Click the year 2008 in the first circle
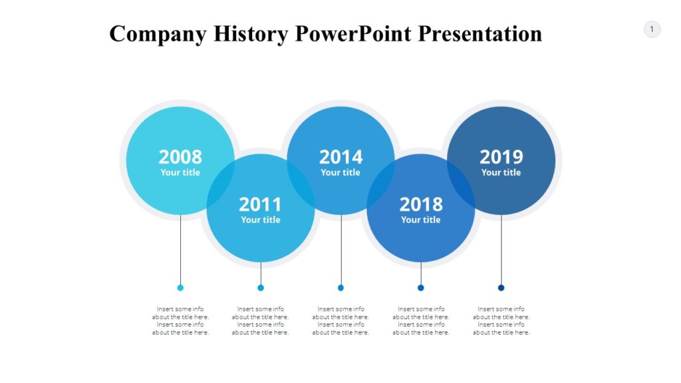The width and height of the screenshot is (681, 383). tap(180, 157)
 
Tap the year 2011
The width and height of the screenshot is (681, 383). tap(260, 204)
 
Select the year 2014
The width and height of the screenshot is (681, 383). tap(340, 157)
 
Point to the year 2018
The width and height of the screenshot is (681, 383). tap(420, 204)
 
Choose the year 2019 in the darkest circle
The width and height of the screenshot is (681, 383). tap(501, 157)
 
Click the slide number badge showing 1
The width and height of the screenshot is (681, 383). tap(652, 29)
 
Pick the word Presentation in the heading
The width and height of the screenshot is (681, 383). tap(480, 33)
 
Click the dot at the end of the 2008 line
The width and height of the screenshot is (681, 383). tap(180, 288)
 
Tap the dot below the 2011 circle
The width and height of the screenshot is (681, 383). tap(261, 288)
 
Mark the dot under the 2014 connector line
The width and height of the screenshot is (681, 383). tap(340, 288)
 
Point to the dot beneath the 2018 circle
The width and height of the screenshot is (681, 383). tap(421, 288)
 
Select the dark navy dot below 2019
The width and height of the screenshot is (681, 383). tap(501, 288)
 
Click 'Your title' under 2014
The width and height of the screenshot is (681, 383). tap(340, 173)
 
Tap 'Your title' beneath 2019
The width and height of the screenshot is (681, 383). tap(501, 173)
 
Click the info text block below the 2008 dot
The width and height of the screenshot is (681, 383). tap(180, 320)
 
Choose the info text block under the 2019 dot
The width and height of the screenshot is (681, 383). tap(501, 320)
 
